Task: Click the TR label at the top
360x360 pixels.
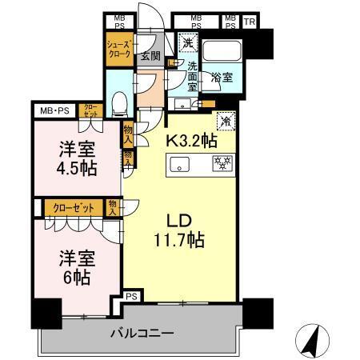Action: [250, 21]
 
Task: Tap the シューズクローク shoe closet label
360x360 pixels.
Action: [118, 51]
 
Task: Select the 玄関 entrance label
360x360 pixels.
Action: [150, 57]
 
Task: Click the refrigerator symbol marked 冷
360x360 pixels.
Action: [226, 121]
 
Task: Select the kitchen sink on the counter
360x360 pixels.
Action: [178, 166]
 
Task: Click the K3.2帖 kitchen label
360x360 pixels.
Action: [190, 141]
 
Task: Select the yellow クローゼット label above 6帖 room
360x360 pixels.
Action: [74, 208]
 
